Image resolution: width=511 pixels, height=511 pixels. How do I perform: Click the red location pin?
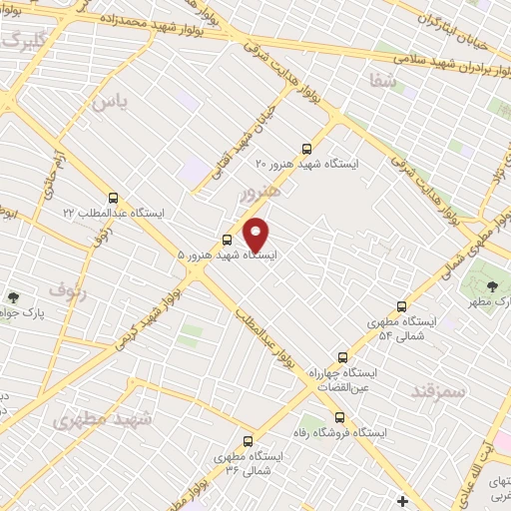(x=256, y=234)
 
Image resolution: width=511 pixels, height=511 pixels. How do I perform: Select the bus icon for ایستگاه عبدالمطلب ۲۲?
(x=113, y=198)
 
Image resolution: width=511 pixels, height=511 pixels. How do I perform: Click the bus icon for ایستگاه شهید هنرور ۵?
(x=228, y=240)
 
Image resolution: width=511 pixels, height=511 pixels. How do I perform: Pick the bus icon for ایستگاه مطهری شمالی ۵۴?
(x=401, y=306)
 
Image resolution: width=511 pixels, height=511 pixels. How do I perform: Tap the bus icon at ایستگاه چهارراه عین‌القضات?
(x=343, y=356)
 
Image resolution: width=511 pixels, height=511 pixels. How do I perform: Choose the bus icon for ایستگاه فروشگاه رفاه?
(x=340, y=417)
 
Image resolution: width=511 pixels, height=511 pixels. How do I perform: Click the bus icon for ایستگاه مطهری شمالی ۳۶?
(x=248, y=440)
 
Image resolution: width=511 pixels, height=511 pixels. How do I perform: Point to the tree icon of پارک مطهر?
(x=491, y=287)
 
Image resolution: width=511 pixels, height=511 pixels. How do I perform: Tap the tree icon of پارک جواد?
(x=13, y=296)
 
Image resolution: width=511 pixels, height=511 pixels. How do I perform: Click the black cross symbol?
(x=402, y=500)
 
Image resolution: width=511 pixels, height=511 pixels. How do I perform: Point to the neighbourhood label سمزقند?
(x=438, y=391)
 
